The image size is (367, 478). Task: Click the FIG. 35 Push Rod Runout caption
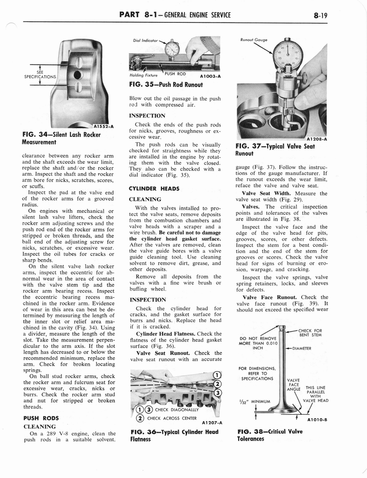pos(165,84)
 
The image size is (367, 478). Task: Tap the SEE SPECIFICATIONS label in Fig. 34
pos(40,75)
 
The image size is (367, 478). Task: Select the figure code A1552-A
pos(103,126)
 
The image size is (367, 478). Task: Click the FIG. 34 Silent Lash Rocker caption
pos(61,138)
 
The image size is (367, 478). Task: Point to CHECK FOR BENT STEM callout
pos(311,332)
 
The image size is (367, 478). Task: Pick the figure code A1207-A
pos(211,422)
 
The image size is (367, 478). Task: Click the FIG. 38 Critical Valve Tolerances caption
pos(269,435)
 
